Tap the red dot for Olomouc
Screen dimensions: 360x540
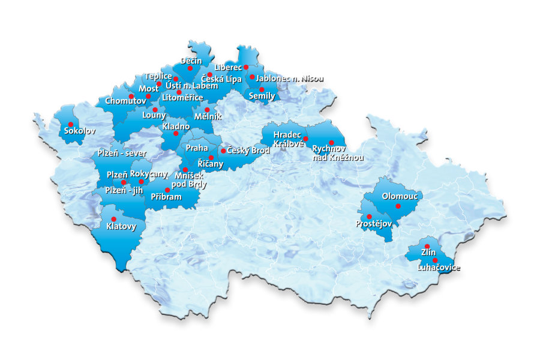(398, 206)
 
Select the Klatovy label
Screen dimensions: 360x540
(121, 227)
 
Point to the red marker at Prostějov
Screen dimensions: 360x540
(369, 217)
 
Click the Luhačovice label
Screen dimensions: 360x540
(439, 268)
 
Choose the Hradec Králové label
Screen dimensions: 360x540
(287, 139)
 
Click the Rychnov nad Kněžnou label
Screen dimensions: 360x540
(338, 152)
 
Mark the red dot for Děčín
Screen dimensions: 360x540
(190, 68)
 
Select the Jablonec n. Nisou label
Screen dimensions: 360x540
(289, 79)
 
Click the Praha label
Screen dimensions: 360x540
(197, 148)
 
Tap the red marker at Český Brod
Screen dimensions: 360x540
(223, 151)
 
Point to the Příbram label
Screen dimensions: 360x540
(166, 197)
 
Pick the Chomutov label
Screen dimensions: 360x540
(125, 101)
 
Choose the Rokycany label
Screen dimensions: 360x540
(149, 173)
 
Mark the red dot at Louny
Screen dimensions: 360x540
(155, 110)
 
